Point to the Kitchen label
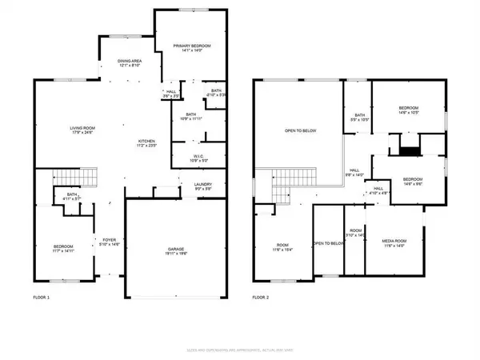point(149,145)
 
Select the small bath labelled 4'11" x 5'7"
point(71,197)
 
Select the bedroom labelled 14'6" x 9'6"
point(412,181)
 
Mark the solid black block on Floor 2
point(409,149)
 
